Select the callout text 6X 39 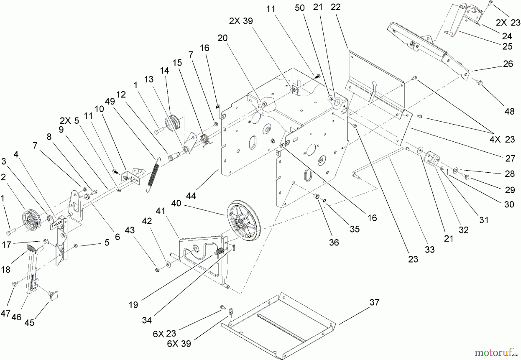coord(179,343)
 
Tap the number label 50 coord(300,8)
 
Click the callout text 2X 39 coord(241,21)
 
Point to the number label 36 coord(334,242)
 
